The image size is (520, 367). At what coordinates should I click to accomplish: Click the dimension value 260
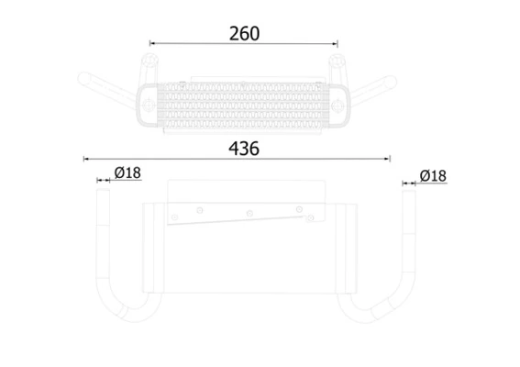[x=243, y=33]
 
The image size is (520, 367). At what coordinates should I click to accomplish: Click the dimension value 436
[x=243, y=148]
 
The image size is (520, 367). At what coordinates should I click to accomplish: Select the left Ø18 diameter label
[x=127, y=173]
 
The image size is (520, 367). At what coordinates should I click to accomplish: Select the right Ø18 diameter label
[x=432, y=174]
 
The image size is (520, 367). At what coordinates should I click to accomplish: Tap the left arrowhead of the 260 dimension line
[x=153, y=43]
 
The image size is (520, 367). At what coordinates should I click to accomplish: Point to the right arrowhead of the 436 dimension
[x=389, y=158]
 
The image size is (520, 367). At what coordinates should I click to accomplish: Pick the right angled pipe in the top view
[x=376, y=90]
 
